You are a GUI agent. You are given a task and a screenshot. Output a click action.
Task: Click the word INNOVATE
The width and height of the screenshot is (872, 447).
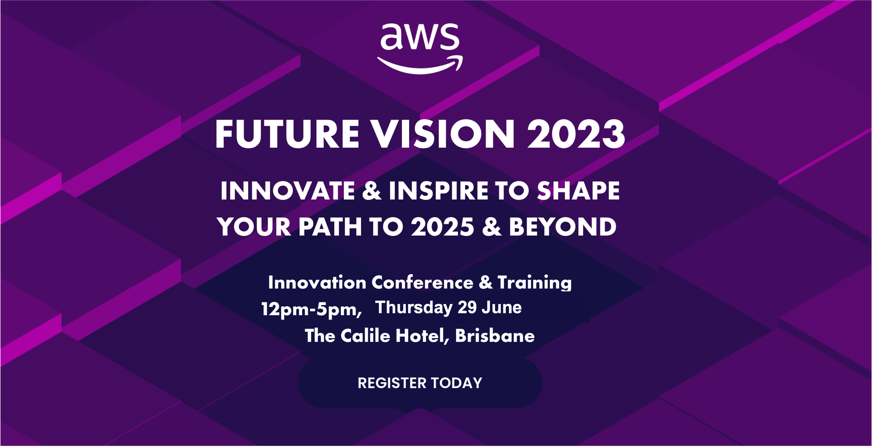[288, 191]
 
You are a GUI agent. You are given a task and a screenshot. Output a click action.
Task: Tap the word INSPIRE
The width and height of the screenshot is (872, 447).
[439, 191]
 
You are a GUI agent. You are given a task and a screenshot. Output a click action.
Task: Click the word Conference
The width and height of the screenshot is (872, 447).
[422, 282]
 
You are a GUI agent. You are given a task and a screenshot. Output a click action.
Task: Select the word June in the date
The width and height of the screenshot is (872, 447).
[502, 308]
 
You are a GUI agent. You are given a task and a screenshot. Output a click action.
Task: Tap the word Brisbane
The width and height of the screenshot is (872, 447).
[495, 336]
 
